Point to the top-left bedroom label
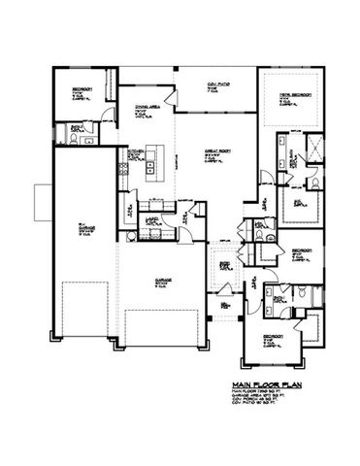click(81, 92)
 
